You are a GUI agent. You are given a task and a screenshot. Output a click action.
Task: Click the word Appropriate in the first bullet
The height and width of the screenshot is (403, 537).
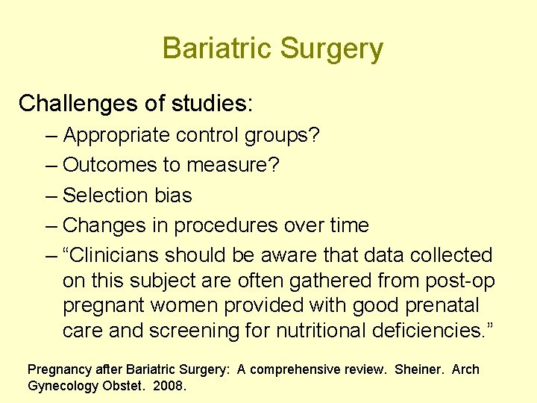point(118,136)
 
